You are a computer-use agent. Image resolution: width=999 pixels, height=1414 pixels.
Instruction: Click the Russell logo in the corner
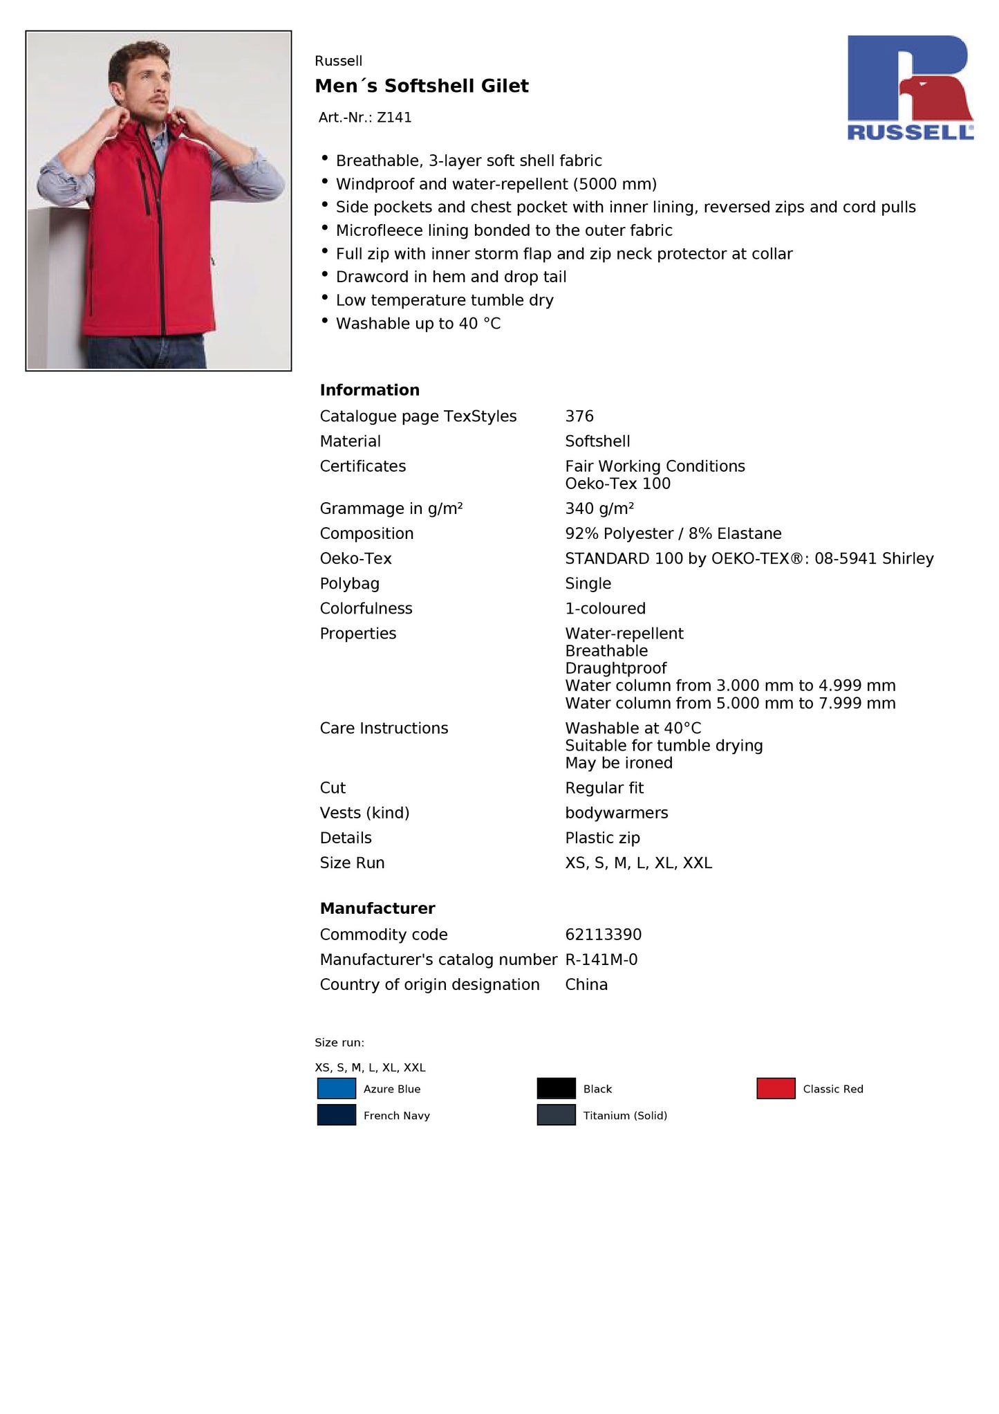[x=910, y=88]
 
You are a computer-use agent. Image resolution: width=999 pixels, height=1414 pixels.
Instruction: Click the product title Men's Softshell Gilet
[x=422, y=86]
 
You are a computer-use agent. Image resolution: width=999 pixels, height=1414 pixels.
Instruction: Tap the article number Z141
[x=394, y=118]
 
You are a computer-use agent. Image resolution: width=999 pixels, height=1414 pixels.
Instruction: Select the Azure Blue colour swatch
[x=337, y=1088]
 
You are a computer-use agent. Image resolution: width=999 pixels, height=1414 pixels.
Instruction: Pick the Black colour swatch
[x=556, y=1088]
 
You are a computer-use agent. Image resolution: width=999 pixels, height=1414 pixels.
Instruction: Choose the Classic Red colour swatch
[x=776, y=1088]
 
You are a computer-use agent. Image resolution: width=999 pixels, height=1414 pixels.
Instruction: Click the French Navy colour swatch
[x=337, y=1115]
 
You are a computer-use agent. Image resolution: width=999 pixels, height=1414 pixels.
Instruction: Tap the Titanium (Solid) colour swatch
[x=556, y=1115]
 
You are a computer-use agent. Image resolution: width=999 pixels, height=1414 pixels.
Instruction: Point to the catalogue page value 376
[x=579, y=416]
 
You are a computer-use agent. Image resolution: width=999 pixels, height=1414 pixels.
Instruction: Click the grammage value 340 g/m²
[x=599, y=508]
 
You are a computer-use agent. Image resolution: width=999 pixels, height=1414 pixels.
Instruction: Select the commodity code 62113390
[x=604, y=935]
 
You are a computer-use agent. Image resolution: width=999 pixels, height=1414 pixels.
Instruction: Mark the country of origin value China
[x=586, y=984]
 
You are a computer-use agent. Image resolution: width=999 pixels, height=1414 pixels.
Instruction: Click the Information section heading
[x=369, y=390]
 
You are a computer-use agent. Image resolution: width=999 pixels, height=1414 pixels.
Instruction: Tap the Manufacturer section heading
[x=377, y=908]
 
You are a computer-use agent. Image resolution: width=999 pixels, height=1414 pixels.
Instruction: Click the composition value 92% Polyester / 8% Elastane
[x=673, y=533]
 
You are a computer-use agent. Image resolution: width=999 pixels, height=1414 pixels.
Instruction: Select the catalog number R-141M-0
[x=601, y=959]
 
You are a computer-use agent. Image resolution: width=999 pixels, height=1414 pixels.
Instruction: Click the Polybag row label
[x=349, y=583]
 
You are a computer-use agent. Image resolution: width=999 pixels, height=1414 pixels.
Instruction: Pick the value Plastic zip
[x=602, y=838]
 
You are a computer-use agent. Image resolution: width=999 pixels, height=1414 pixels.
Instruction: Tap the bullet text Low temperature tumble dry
[x=445, y=300]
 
